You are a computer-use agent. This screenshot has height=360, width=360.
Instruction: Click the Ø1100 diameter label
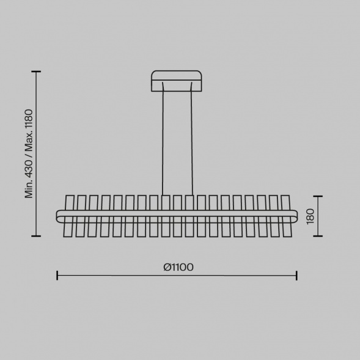(x=178, y=267)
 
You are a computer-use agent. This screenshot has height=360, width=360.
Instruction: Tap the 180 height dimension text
(x=310, y=216)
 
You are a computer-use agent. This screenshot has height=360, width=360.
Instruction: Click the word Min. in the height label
(x=29, y=189)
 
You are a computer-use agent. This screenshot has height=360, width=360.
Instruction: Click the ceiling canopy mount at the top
(x=177, y=81)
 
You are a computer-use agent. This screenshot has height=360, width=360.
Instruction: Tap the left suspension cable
(x=163, y=139)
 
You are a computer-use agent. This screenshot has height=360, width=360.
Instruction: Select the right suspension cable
(x=191, y=139)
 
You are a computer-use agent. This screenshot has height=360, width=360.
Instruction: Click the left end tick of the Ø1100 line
(x=57, y=276)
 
